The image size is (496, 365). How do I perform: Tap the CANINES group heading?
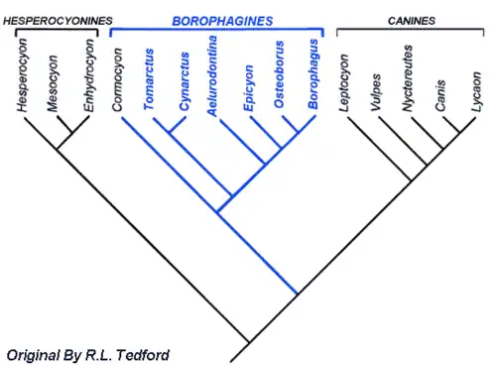tap(407, 20)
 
